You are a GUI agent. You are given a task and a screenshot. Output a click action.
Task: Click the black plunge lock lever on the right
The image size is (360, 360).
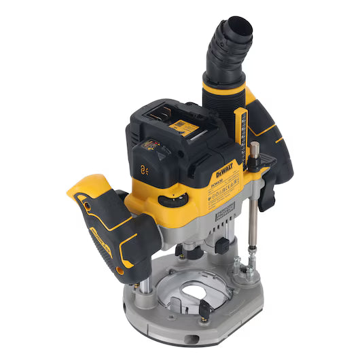pyautogui.click(x=268, y=194)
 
